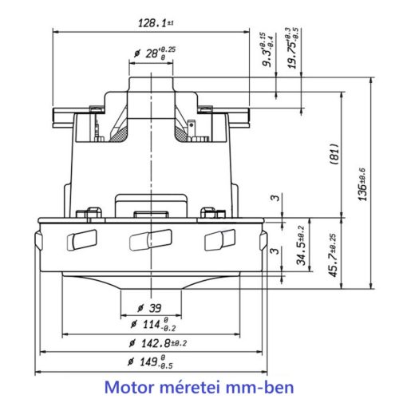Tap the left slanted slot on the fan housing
83,239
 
